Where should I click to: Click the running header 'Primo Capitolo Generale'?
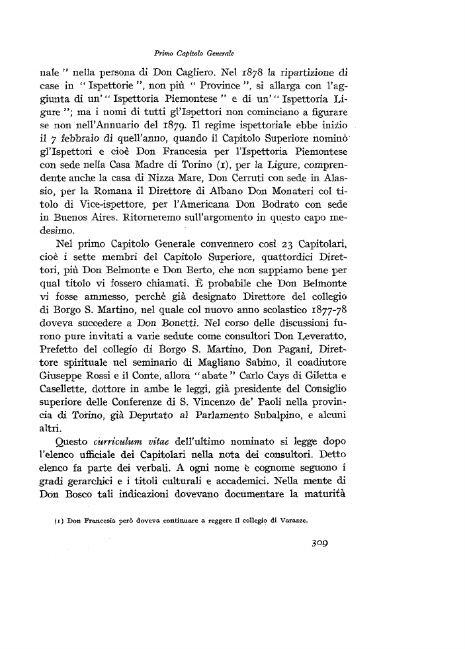point(191,52)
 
